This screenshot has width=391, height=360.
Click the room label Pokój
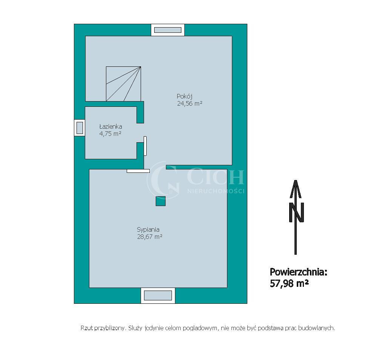point(184,96)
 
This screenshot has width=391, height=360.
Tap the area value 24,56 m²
point(190,104)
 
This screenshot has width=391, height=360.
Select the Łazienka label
point(110,126)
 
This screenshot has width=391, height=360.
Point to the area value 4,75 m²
point(110,134)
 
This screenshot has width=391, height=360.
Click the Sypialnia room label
point(148,229)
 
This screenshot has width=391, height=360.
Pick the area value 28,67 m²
point(150,237)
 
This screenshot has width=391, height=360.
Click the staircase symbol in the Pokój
point(123,84)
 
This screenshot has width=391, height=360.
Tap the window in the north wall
point(168,30)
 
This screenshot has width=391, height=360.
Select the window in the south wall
point(158,295)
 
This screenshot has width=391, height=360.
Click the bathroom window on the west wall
point(80,128)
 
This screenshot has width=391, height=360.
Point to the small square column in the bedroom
point(161,201)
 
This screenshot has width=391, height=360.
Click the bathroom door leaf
point(145,146)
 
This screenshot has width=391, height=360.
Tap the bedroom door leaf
point(138,171)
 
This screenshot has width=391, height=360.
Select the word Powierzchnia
point(299,272)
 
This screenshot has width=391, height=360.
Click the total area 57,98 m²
point(289,284)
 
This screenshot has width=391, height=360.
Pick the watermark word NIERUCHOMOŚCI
point(216,191)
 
